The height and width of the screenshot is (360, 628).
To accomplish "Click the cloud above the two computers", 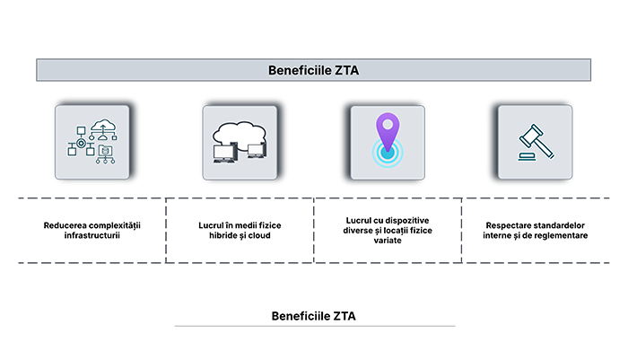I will tap(240, 132).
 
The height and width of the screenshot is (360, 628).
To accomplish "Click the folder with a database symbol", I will tap(107, 152).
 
